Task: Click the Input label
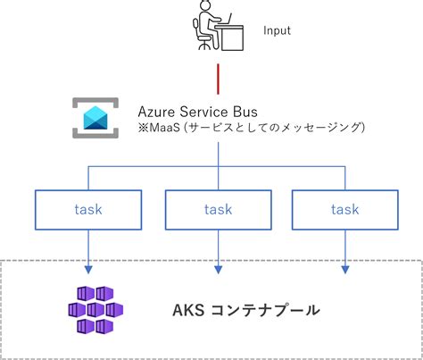point(277,31)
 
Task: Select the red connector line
point(219,79)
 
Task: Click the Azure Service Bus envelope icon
point(95,118)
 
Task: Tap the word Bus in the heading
point(245,112)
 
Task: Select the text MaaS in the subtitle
point(165,128)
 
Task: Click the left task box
point(88,210)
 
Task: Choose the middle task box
point(219,210)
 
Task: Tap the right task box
point(345,210)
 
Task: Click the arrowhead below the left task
point(88,270)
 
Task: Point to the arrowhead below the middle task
point(219,270)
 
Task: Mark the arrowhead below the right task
point(345,270)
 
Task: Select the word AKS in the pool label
point(188,310)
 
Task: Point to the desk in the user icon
point(229,38)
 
